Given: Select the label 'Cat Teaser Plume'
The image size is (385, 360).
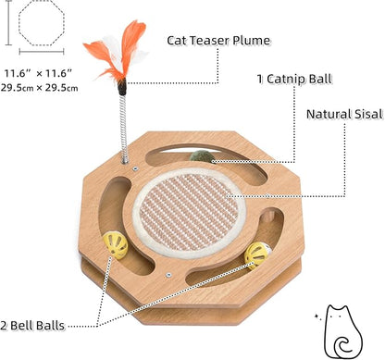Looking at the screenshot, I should (x=218, y=40).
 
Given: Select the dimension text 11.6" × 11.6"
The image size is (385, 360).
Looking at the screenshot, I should (x=43, y=72).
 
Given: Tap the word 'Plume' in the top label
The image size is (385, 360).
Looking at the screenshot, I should (x=249, y=40).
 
